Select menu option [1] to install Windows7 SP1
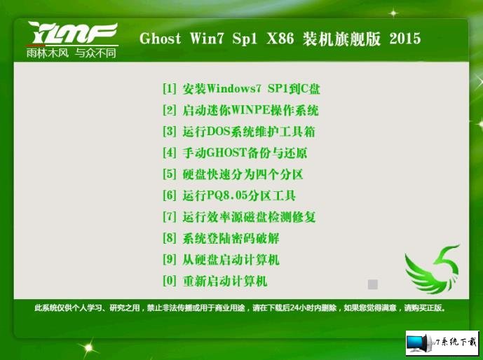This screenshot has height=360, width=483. coord(241,89)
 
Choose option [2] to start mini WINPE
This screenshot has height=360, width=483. coord(240,110)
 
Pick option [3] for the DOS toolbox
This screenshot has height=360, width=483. coord(239,132)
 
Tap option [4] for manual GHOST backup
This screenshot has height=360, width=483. coord(235,153)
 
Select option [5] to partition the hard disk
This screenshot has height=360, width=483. coord(233,174)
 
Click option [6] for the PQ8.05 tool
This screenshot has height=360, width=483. coord(229,195)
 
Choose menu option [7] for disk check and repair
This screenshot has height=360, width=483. coord(239,216)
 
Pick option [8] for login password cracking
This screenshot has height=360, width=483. coord(221,238)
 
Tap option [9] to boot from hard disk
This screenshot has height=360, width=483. coord(221,259)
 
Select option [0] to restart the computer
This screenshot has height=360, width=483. coord(215,281)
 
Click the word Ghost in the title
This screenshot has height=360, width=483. coord(160,39)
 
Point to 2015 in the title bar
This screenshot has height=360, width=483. coord(404,39)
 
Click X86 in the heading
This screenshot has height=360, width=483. coord(280,39)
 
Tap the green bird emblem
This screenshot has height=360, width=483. coord(432,269)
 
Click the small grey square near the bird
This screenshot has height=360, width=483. coord(373,284)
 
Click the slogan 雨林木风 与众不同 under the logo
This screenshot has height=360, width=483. coord(72,53)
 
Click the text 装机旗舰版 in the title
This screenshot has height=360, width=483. coord(341,39)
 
